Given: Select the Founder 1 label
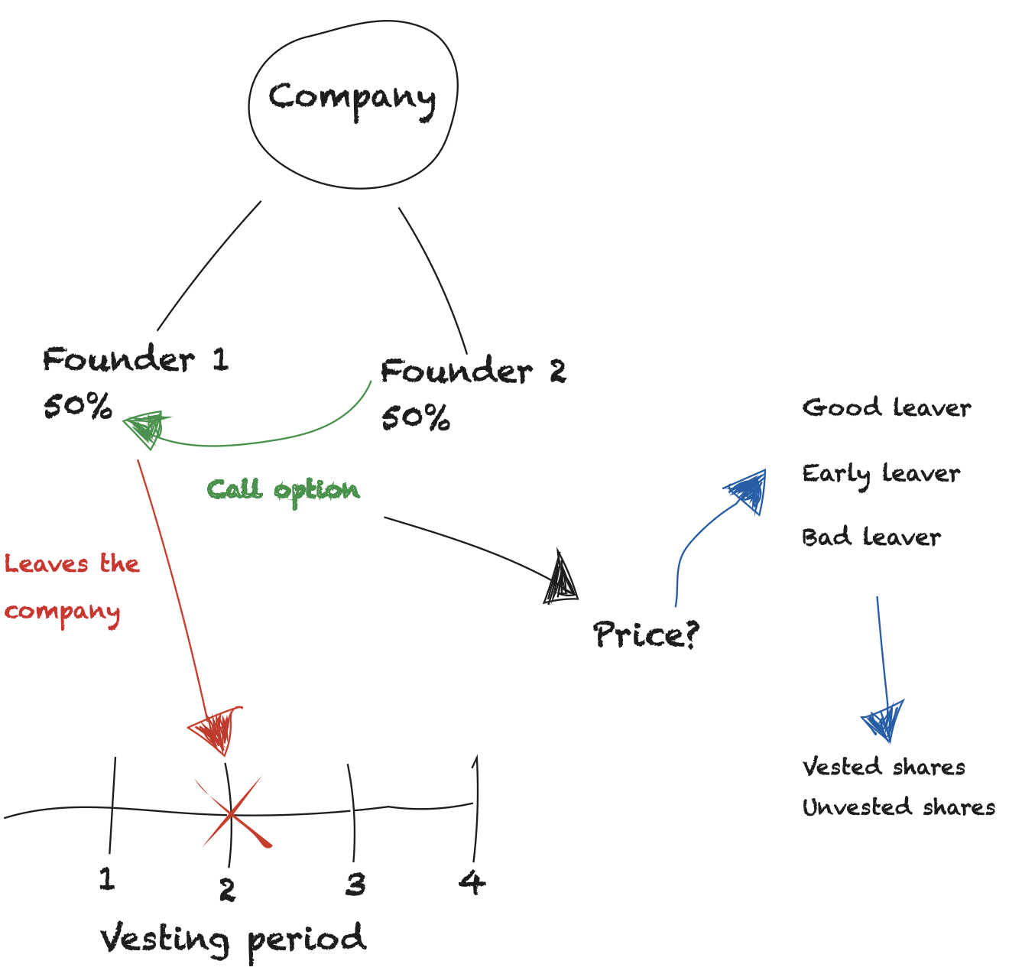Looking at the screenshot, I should click(x=135, y=359).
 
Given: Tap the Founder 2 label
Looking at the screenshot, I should click(x=473, y=372).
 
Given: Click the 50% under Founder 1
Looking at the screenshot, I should click(x=78, y=406).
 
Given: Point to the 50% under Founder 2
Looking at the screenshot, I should click(x=416, y=418).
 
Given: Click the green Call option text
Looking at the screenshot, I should click(x=283, y=490).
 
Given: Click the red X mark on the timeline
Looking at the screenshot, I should click(x=232, y=813).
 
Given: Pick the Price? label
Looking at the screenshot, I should click(x=646, y=635).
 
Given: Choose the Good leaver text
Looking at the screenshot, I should click(x=886, y=407).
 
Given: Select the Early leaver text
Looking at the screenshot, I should click(x=881, y=474).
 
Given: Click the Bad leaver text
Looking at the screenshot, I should click(x=871, y=537).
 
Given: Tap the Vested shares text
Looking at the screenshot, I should click(x=884, y=767).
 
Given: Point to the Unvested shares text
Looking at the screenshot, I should click(x=898, y=807).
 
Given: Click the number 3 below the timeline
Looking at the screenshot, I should click(x=355, y=884).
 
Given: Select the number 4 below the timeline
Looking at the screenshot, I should click(x=472, y=882).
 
